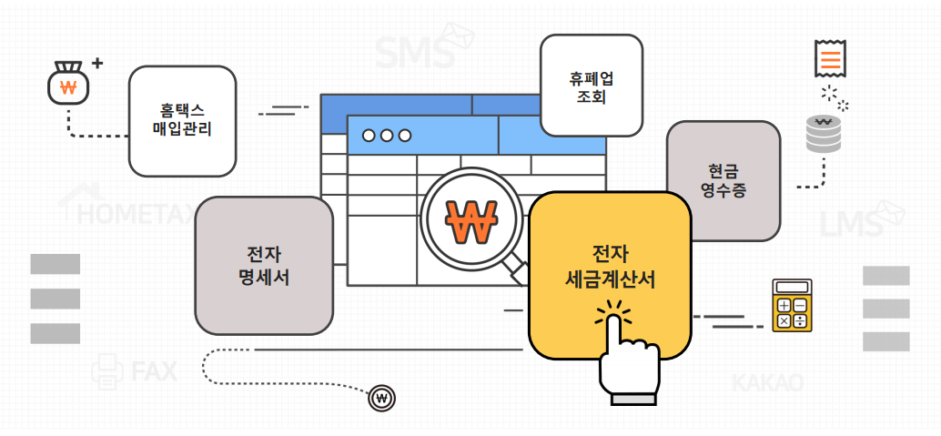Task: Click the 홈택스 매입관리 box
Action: (x=182, y=121)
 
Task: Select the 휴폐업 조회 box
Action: (x=592, y=86)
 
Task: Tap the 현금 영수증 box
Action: (x=723, y=180)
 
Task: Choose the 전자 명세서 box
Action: (x=264, y=264)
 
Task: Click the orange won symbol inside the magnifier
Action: (x=471, y=220)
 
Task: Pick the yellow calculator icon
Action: (x=791, y=305)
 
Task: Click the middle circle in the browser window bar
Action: (x=387, y=136)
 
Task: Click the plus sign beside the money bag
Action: (x=97, y=65)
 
